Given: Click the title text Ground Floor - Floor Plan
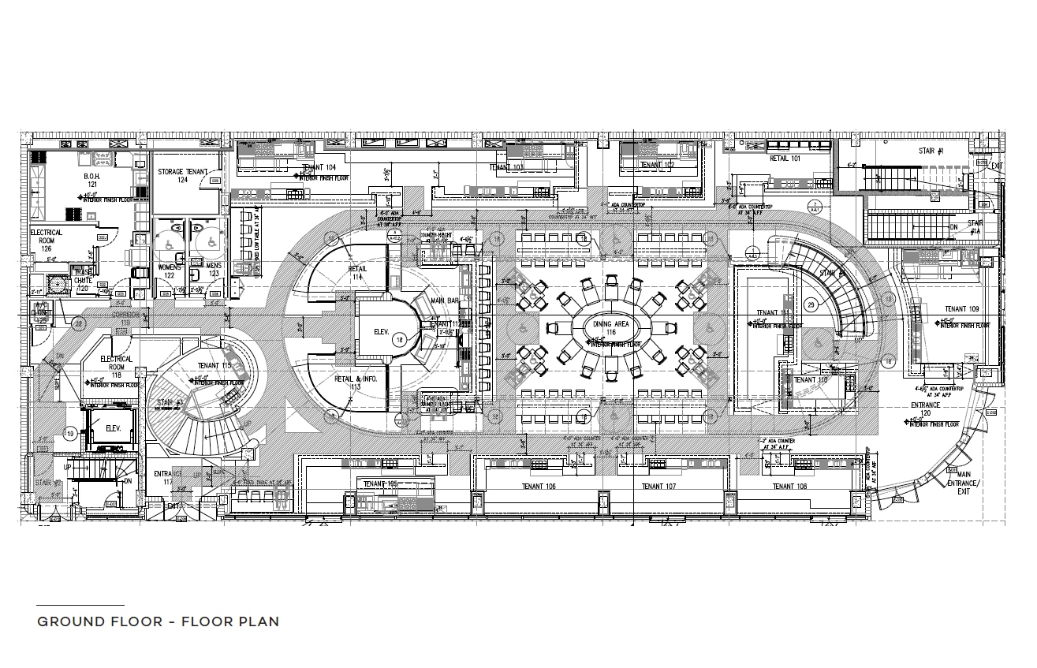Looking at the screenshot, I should [x=158, y=621].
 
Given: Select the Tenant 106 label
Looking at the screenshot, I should [x=539, y=487].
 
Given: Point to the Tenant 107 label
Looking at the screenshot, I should [x=658, y=487].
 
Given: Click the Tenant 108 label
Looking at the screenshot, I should [x=789, y=487].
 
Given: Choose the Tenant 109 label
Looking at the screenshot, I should [x=961, y=309].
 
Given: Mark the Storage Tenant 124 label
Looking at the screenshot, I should [x=182, y=176].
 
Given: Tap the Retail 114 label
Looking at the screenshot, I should [x=357, y=273].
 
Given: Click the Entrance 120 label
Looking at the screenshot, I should [x=926, y=409].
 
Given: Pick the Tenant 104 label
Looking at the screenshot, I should [x=319, y=167].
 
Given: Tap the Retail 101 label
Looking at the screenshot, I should [x=785, y=158].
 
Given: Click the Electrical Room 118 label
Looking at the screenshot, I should [x=116, y=364].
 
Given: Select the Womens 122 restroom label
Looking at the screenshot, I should [x=169, y=271].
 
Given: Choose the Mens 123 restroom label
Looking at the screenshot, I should [x=213, y=270].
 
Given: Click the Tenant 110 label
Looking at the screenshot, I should [x=811, y=380].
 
